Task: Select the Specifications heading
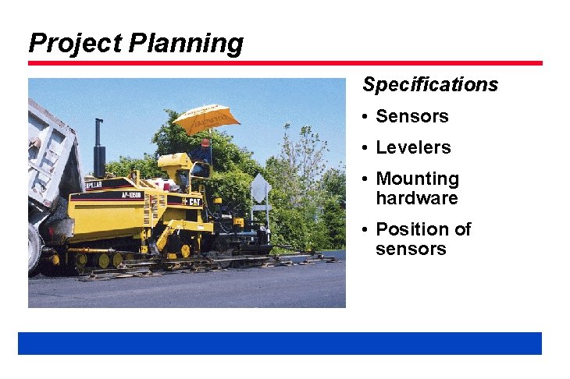click(429, 84)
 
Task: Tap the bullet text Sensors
click(411, 117)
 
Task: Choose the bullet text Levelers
click(413, 148)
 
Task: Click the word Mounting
click(417, 179)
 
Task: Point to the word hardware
click(416, 199)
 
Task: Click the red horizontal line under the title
click(285, 63)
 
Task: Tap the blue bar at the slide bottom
click(280, 343)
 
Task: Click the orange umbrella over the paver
click(206, 117)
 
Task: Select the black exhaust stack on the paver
click(99, 147)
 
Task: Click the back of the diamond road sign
click(260, 188)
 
